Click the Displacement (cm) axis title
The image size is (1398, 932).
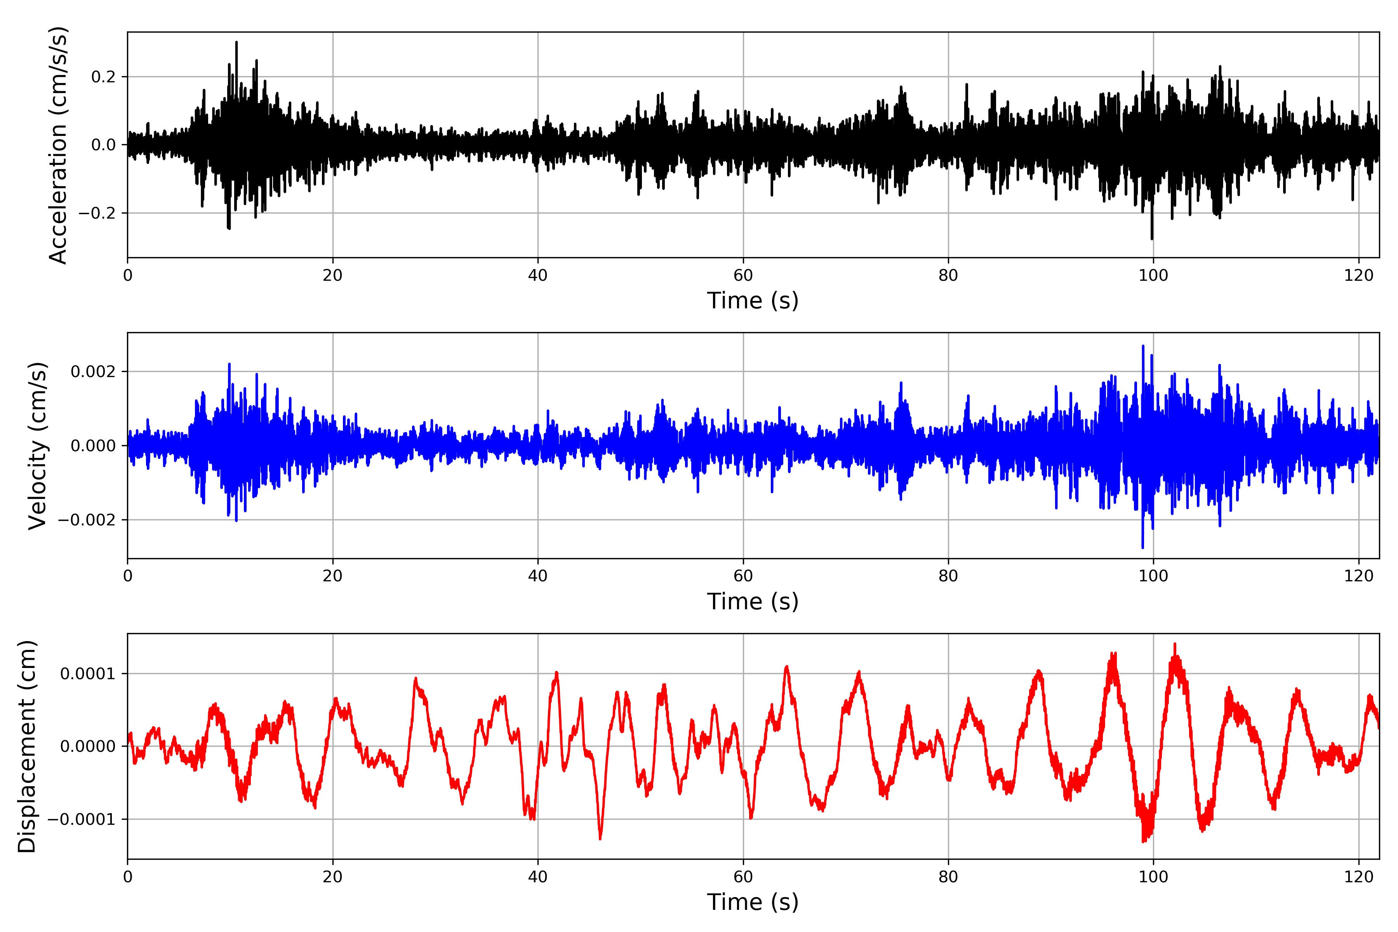pos(27,746)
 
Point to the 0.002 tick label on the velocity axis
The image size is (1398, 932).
pos(93,372)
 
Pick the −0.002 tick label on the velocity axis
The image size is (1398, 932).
pos(87,520)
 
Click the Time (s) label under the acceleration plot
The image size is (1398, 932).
pos(753,301)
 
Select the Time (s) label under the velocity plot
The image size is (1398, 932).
pos(753,602)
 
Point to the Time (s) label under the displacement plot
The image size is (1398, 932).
pos(753,902)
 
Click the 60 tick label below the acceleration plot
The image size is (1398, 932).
pos(743,276)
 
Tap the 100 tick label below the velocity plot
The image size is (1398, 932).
pos(1153,576)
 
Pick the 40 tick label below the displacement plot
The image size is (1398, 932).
pos(538,877)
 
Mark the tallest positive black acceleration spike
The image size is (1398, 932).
pos(236,43)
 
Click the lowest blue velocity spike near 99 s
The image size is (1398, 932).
pos(1142,547)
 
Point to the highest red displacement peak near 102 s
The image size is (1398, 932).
pos(1174,644)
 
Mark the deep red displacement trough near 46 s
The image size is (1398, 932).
pos(600,838)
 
